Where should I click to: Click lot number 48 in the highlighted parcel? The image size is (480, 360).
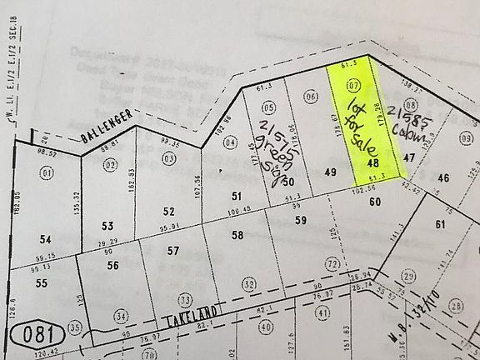[x=372, y=165]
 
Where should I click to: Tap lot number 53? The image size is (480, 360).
[x=107, y=226]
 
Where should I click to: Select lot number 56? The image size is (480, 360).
[x=113, y=265]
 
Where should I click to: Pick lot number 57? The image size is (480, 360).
[x=173, y=250]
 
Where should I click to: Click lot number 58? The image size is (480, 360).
[x=237, y=236]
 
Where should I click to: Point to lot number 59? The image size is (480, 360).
[x=301, y=221]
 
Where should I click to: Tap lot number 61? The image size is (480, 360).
[x=440, y=224]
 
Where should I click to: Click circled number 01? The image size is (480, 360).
[x=47, y=172]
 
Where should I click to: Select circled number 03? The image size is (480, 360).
[x=170, y=157]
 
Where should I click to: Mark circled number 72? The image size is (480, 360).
[x=332, y=264]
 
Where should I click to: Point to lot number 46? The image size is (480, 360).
[x=442, y=177]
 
